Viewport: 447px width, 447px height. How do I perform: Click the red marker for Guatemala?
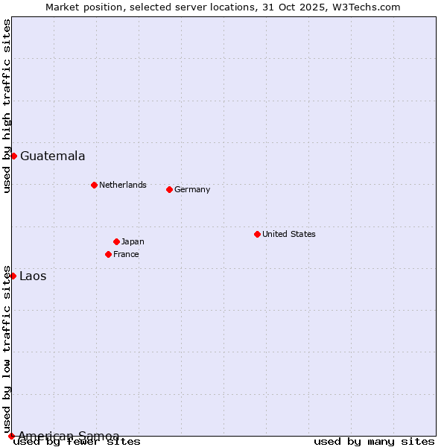click(13, 156)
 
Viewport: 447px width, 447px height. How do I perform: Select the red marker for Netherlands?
click(94, 185)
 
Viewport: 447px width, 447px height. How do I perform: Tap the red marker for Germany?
click(169, 189)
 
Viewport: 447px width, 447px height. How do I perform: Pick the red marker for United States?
click(257, 234)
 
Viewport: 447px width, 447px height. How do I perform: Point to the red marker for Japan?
click(116, 241)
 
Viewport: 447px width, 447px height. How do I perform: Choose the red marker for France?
click(108, 254)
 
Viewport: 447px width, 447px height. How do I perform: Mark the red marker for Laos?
click(13, 276)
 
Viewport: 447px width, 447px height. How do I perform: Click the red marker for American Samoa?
click(11, 436)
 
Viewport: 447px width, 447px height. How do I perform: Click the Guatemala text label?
click(52, 156)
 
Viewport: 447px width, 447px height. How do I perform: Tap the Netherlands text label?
click(122, 185)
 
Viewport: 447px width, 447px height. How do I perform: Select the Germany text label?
click(192, 189)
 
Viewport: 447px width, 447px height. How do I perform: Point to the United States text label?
click(288, 234)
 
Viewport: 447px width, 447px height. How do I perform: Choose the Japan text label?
click(133, 241)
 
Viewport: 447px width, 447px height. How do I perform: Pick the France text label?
click(126, 254)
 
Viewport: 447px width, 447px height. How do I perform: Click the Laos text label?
click(33, 276)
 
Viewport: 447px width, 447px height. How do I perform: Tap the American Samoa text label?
click(69, 436)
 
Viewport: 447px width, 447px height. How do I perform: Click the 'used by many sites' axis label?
click(374, 442)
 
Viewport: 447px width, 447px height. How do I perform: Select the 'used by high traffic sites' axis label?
click(7, 106)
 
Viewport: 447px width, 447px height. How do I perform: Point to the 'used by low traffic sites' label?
click(7, 349)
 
